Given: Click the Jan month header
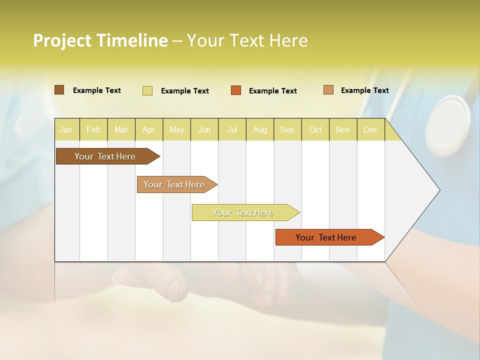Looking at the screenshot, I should tap(66, 129).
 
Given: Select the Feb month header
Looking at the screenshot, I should tap(93, 129).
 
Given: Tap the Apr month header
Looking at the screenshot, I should tap(149, 129).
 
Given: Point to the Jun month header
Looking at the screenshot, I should tap(204, 129).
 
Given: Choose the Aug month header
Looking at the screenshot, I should tap(260, 129).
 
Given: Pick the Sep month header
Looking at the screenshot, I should tap(287, 129).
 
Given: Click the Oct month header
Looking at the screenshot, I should tap(315, 129).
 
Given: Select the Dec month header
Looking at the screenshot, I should tap(371, 129).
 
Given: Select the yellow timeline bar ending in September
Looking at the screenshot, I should tap(243, 212).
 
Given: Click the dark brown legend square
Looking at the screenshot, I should tap(59, 90).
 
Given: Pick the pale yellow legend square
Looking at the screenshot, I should tap(147, 90).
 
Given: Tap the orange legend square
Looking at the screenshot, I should tap(236, 90).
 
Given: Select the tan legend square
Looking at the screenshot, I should tap(328, 90).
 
